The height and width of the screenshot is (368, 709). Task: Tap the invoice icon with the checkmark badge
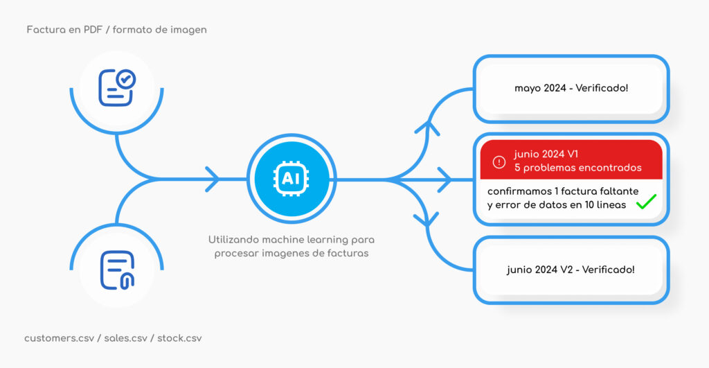click(117, 87)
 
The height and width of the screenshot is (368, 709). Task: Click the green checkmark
click(645, 202)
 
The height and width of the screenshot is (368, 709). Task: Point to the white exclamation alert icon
click(499, 161)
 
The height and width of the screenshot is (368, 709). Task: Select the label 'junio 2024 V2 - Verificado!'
click(571, 270)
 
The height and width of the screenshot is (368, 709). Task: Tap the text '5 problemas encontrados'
click(577, 168)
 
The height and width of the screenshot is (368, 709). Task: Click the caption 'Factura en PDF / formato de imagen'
click(116, 30)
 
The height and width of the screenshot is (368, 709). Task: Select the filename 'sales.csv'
click(127, 338)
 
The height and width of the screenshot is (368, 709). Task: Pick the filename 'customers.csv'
click(59, 338)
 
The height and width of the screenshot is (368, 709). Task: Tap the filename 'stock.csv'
click(179, 338)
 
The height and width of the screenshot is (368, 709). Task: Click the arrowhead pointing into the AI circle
click(213, 179)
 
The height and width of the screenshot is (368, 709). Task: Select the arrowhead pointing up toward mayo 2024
click(431, 128)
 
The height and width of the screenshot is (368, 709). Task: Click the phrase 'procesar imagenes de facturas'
click(291, 253)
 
